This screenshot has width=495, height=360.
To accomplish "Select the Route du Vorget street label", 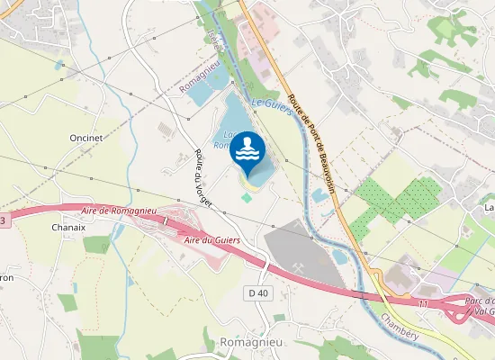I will pyautogui.click(x=202, y=179).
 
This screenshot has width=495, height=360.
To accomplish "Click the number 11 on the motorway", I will pyautogui.click(x=421, y=303).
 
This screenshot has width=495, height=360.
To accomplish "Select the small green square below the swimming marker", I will pyautogui.click(x=247, y=197).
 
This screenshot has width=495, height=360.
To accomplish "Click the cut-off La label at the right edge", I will pyautogui.click(x=489, y=207).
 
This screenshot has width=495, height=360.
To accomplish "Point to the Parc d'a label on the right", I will pyautogui.click(x=479, y=299).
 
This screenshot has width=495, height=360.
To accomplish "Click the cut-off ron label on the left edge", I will pyautogui.click(x=5, y=277).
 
